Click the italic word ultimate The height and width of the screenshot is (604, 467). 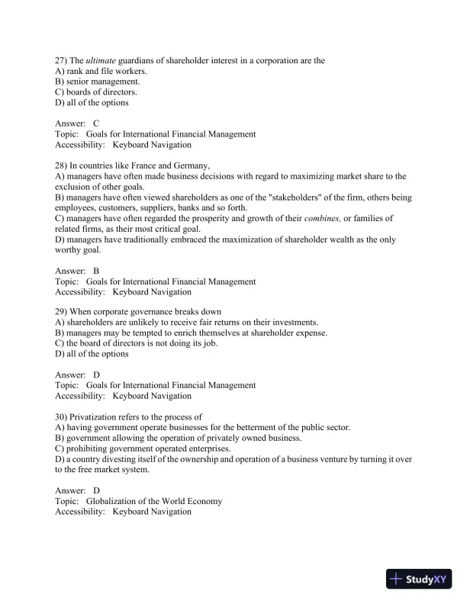click(100, 60)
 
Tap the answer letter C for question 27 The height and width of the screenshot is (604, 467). click(96, 124)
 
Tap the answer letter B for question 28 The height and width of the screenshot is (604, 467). click(96, 271)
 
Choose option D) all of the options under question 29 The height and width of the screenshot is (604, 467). click(92, 355)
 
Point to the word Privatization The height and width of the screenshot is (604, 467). click(96, 417)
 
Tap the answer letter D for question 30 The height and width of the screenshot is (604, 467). click(96, 490)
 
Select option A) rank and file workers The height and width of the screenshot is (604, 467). click(101, 71)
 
